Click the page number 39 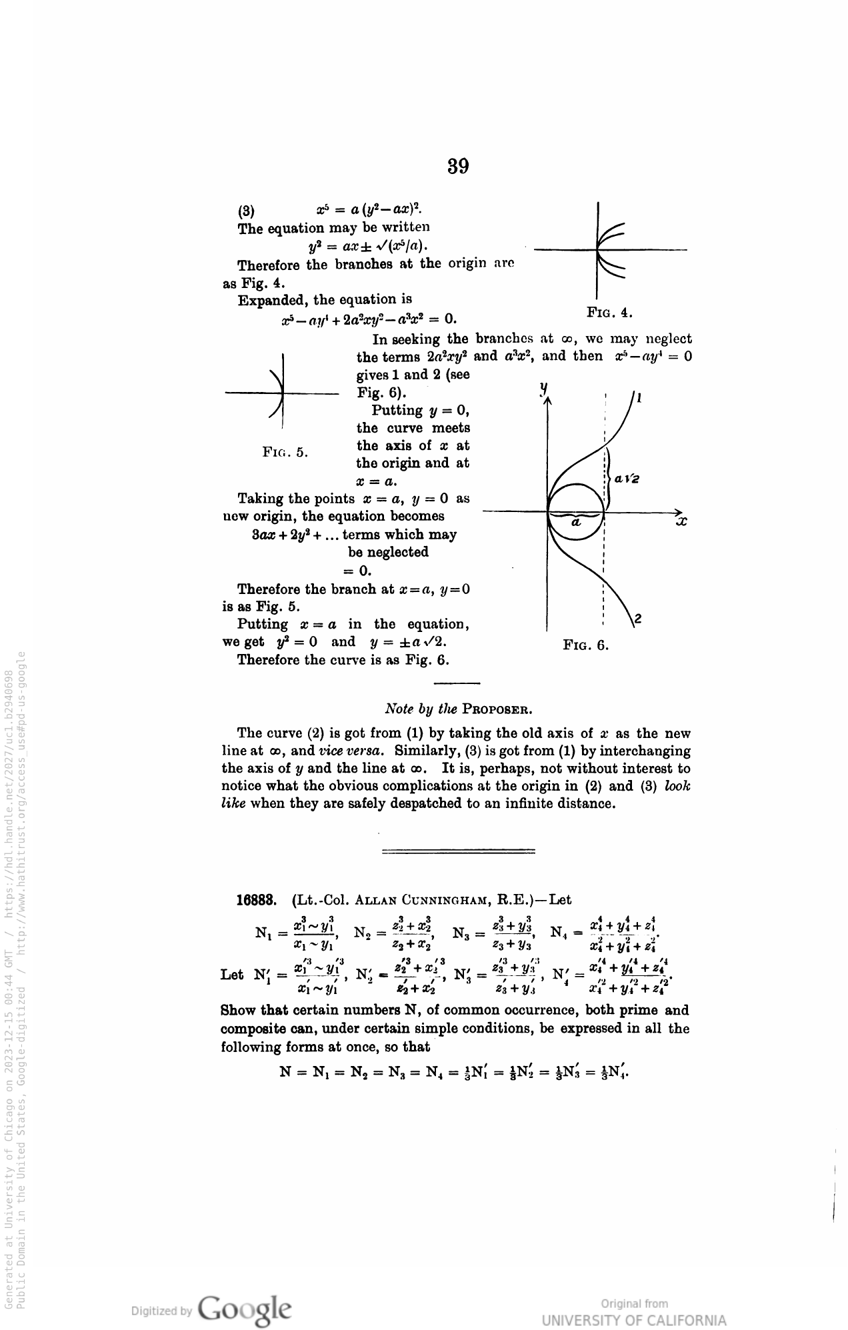[x=458, y=165]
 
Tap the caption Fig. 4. [x=609, y=313]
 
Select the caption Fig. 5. [x=285, y=452]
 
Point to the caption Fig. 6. [x=586, y=645]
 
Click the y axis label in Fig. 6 [x=544, y=387]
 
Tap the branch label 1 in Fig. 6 [x=639, y=399]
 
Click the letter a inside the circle [x=577, y=523]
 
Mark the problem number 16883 [x=257, y=900]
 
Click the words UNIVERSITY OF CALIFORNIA [x=634, y=1321]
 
